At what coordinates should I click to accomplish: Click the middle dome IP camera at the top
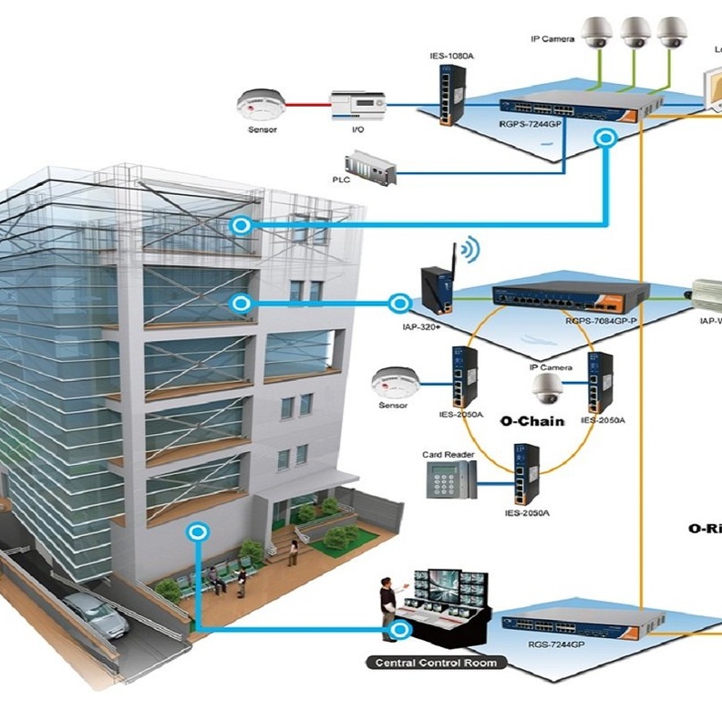pos(634,33)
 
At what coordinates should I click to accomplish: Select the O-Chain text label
pos(532,421)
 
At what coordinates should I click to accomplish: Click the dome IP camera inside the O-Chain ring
pos(550,389)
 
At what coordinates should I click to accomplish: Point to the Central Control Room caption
pos(437,663)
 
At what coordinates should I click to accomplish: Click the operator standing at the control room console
pos(387,606)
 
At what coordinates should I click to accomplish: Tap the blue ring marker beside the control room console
pos(397,629)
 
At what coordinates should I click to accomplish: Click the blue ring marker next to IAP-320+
pos(398,302)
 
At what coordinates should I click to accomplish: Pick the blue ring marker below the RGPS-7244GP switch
pos(604,138)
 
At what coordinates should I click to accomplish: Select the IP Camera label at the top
pos(552,39)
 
